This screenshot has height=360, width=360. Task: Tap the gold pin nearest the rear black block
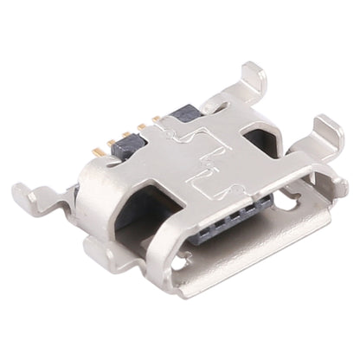(157, 119)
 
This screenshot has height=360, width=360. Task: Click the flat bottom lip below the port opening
(251, 260)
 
